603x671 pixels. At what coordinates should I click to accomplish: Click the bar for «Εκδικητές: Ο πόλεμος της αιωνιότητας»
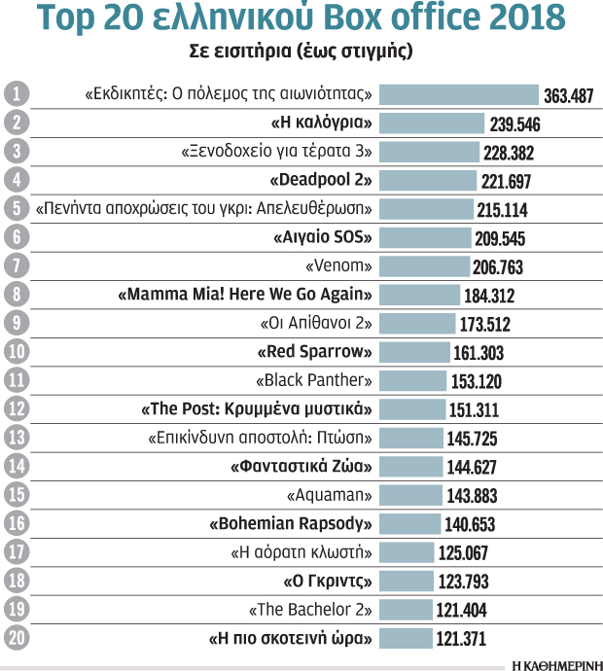pos(458,95)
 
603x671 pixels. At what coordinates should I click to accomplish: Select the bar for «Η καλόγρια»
pos(431,124)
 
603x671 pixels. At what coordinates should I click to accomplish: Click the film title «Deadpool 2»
pos(321,181)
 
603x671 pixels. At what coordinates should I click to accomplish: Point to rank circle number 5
pos(15,209)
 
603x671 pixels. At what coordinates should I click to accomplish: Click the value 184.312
pos(490,296)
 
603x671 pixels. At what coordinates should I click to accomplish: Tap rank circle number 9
pos(15,323)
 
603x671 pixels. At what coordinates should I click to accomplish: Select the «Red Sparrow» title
pos(315,352)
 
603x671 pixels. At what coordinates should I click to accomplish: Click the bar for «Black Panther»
pos(411,380)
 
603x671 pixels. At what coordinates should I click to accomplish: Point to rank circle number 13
pos(15,437)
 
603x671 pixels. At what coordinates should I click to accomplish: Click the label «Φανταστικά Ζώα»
pos(301,466)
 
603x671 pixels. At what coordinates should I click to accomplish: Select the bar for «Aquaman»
pos(409,494)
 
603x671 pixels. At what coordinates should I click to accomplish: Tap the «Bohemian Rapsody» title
pos(292,523)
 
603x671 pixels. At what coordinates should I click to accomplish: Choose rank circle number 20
pos(15,637)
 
